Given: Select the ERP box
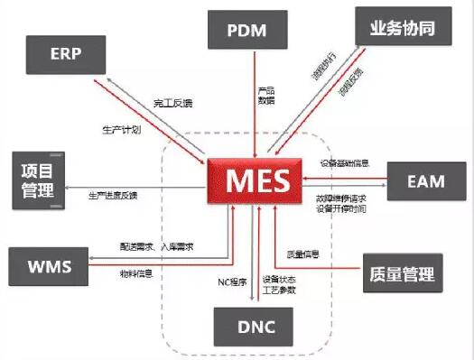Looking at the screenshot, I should [x=66, y=53].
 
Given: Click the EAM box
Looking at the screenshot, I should [x=425, y=180].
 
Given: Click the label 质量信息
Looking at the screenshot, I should [x=303, y=254].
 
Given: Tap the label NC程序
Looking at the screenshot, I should [x=232, y=281].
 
